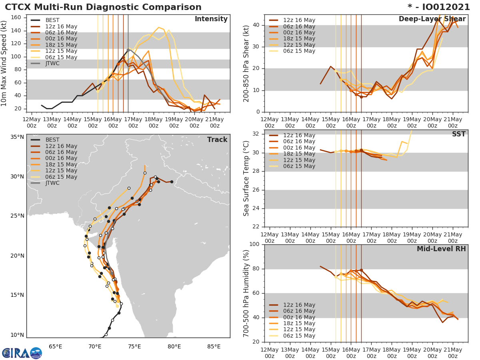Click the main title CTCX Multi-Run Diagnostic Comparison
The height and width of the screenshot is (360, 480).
point(103,7)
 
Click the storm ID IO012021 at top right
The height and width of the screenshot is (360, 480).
point(439,7)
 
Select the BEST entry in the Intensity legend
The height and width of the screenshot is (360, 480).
point(52,20)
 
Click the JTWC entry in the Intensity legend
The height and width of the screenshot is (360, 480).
point(52,63)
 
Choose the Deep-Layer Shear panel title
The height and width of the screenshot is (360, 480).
point(432,19)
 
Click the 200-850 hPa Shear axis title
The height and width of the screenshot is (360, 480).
point(247,63)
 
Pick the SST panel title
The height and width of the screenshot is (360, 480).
point(459,134)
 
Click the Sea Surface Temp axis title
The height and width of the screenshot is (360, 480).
point(247,178)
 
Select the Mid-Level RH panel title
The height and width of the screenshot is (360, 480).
point(441,249)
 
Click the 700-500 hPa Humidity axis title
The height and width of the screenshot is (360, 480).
point(247,293)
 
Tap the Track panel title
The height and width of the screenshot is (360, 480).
point(217,140)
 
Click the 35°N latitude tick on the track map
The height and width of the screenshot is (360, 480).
point(17,137)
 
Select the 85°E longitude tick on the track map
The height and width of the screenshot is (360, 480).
point(214,346)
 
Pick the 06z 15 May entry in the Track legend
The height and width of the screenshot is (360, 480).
point(61,177)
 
